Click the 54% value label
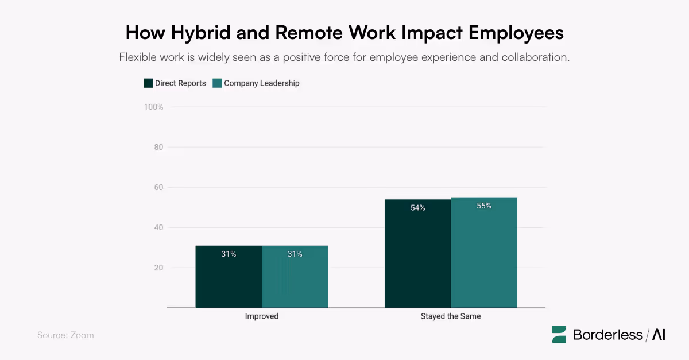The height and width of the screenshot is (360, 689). click(417, 208)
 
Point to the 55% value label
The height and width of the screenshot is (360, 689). click(483, 206)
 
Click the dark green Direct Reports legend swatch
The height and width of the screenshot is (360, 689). click(148, 83)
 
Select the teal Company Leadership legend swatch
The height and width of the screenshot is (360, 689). click(217, 83)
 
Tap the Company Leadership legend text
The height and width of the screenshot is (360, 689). click(261, 83)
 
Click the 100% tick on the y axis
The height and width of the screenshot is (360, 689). click(153, 107)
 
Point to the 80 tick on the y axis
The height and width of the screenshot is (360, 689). click(158, 147)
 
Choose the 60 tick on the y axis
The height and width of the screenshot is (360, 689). click(158, 187)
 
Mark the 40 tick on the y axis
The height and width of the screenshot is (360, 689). click(158, 227)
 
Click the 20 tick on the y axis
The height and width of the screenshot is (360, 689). click(158, 268)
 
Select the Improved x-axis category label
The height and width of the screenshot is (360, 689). click(262, 316)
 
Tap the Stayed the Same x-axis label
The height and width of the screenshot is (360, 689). click(451, 316)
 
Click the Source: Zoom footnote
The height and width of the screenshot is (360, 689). click(65, 335)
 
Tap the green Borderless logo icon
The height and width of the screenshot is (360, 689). click(559, 335)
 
